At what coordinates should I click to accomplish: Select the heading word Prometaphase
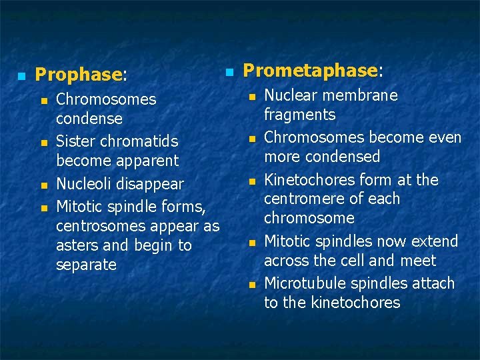tap(310, 71)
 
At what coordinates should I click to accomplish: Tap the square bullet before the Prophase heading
tap(21, 75)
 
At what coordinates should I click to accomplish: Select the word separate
tap(87, 265)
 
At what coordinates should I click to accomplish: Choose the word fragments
tap(300, 115)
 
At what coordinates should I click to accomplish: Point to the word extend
tap(435, 241)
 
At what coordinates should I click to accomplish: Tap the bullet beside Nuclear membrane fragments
tap(252, 96)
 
